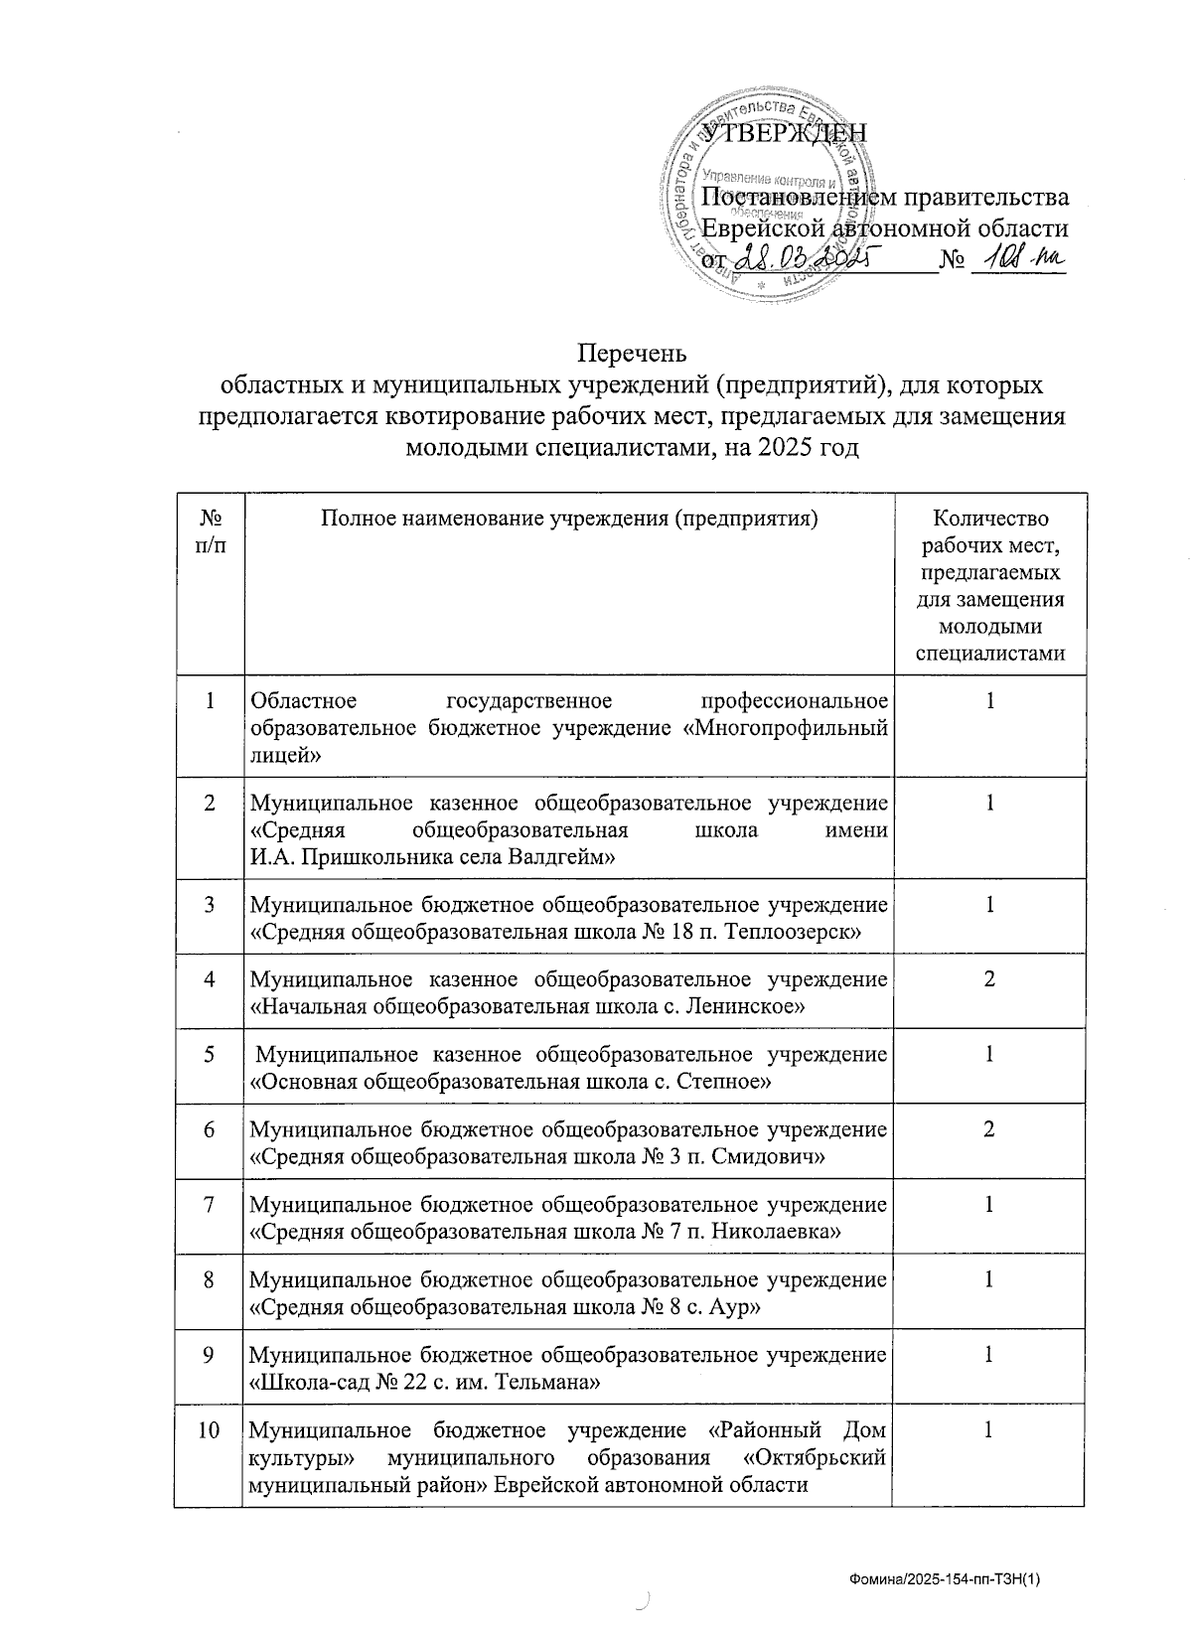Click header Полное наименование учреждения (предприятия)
(x=568, y=519)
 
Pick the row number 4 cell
(x=210, y=979)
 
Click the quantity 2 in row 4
(x=989, y=979)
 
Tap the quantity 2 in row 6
(x=989, y=1130)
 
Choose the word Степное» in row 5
(x=723, y=1083)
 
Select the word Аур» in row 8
(x=736, y=1308)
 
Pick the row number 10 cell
(x=210, y=1431)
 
